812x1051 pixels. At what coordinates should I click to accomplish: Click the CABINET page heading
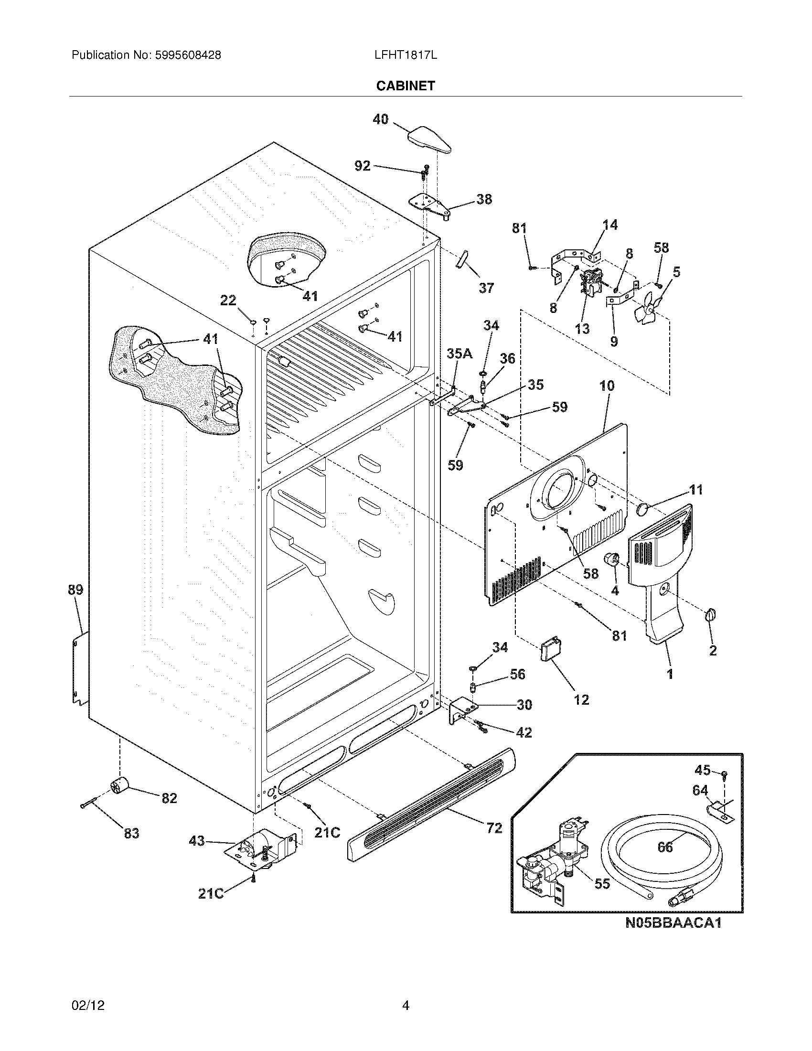405,86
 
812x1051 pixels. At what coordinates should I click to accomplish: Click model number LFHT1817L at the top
405,55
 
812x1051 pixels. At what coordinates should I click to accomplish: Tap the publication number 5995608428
188,55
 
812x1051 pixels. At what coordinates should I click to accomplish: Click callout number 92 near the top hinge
362,166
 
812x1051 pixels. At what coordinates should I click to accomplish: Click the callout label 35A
459,354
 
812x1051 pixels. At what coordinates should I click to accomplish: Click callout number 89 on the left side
75,590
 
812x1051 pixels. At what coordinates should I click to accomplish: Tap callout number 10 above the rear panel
607,386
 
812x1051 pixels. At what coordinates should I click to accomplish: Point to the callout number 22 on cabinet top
228,300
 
